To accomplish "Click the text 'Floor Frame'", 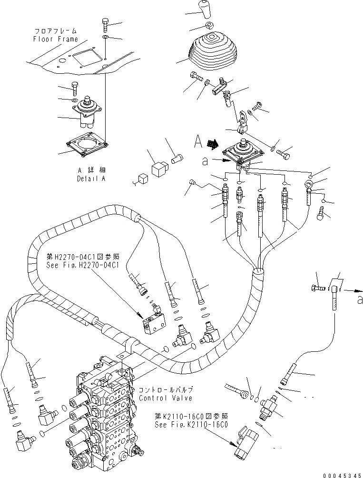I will coord(55,39).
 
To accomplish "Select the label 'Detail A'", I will coord(90,179).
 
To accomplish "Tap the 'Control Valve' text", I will coord(166,398).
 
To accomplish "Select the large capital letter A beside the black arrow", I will coord(199,140).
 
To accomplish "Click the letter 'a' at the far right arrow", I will coord(360,299).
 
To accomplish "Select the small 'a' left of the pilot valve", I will coord(205,161).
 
